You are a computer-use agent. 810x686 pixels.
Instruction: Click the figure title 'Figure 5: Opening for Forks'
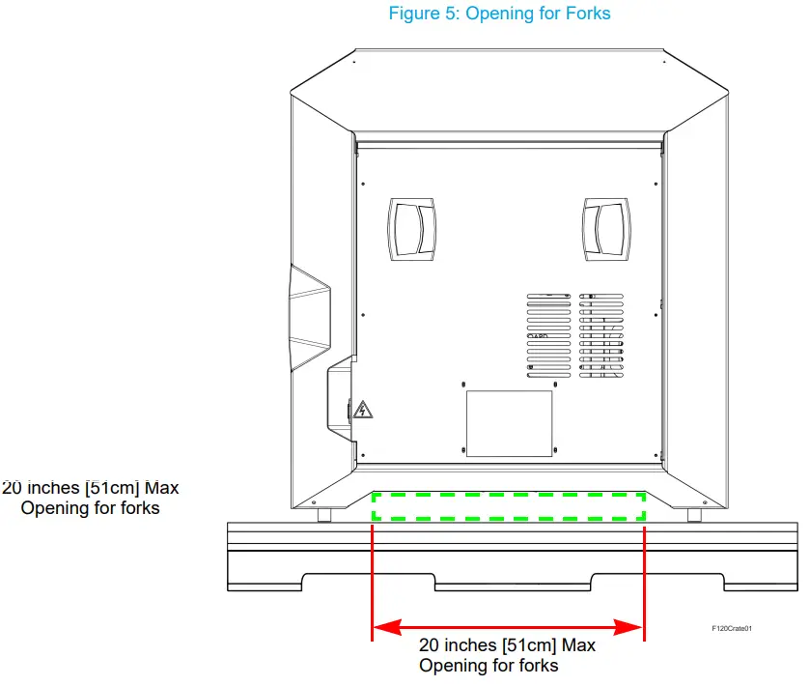click(499, 14)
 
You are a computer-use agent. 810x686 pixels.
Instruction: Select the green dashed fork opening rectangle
click(509, 506)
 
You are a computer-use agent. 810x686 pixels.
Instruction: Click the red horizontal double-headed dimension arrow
click(508, 628)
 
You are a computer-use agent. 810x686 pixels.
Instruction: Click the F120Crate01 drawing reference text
click(731, 629)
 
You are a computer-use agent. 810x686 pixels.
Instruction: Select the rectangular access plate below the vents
click(509, 423)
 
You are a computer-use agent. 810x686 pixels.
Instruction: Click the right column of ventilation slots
click(601, 335)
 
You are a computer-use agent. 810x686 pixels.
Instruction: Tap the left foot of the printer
click(325, 515)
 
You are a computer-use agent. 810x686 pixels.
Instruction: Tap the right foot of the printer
click(694, 515)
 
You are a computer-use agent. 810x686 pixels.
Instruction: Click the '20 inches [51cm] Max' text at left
click(92, 487)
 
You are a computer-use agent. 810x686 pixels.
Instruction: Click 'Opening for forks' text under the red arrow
click(488, 665)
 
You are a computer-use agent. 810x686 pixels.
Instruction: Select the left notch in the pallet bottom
click(370, 582)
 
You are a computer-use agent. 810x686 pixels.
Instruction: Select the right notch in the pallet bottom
click(657, 582)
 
